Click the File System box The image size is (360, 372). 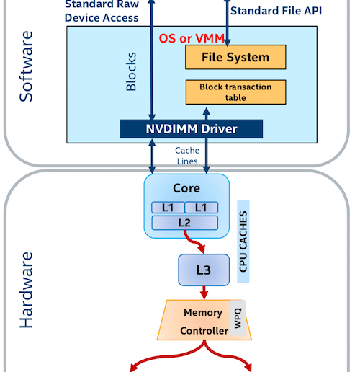pyautogui.click(x=235, y=57)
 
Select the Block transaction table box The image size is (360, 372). pyautogui.click(x=235, y=92)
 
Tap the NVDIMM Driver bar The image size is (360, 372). pyautogui.click(x=192, y=129)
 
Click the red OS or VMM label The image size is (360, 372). pyautogui.click(x=192, y=38)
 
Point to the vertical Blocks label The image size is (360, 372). pyautogui.click(x=131, y=71)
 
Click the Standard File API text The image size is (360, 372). pyautogui.click(x=276, y=11)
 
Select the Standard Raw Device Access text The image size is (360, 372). pyautogui.click(x=102, y=11)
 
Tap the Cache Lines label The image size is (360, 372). pyautogui.click(x=187, y=156)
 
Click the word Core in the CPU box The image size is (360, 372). pyautogui.click(x=186, y=188)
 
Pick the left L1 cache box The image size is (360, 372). pyautogui.click(x=168, y=208)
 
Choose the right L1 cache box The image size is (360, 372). pyautogui.click(x=202, y=208)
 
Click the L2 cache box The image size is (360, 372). pyautogui.click(x=185, y=223)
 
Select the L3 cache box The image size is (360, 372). pyautogui.click(x=204, y=270)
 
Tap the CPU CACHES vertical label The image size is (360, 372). pyautogui.click(x=243, y=242)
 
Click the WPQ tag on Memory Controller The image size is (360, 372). pyautogui.click(x=238, y=318)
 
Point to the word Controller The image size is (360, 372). pyautogui.click(x=204, y=331)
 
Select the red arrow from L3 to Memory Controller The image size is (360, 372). pyautogui.click(x=204, y=293)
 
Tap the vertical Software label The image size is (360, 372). pyautogui.click(x=26, y=66)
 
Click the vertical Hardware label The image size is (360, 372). pyautogui.click(x=26, y=290)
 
